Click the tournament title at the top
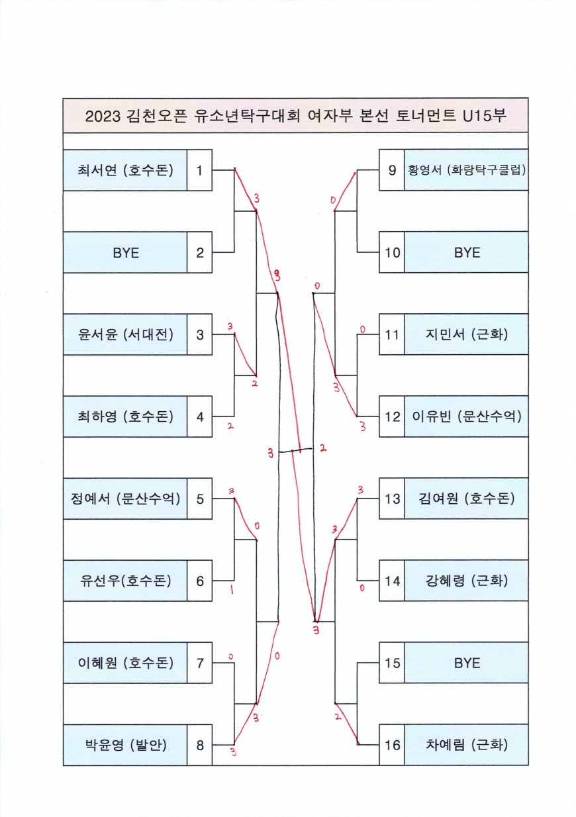click(x=295, y=116)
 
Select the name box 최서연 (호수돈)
click(x=125, y=170)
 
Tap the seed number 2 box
click(x=199, y=252)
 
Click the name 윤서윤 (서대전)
click(x=125, y=334)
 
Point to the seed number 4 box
click(x=199, y=416)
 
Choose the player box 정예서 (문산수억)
click(x=125, y=499)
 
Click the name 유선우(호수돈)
click(x=125, y=581)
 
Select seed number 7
click(x=199, y=663)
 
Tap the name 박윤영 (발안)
click(x=125, y=745)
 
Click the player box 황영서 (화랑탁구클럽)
click(x=466, y=170)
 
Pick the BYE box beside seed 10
click(x=466, y=252)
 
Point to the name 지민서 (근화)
click(x=466, y=334)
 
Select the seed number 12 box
click(x=392, y=416)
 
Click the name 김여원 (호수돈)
click(x=466, y=499)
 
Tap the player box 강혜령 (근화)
click(x=466, y=581)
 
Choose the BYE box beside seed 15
click(x=466, y=663)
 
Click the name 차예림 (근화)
click(x=466, y=745)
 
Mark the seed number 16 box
click(x=392, y=745)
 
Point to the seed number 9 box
click(x=392, y=170)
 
